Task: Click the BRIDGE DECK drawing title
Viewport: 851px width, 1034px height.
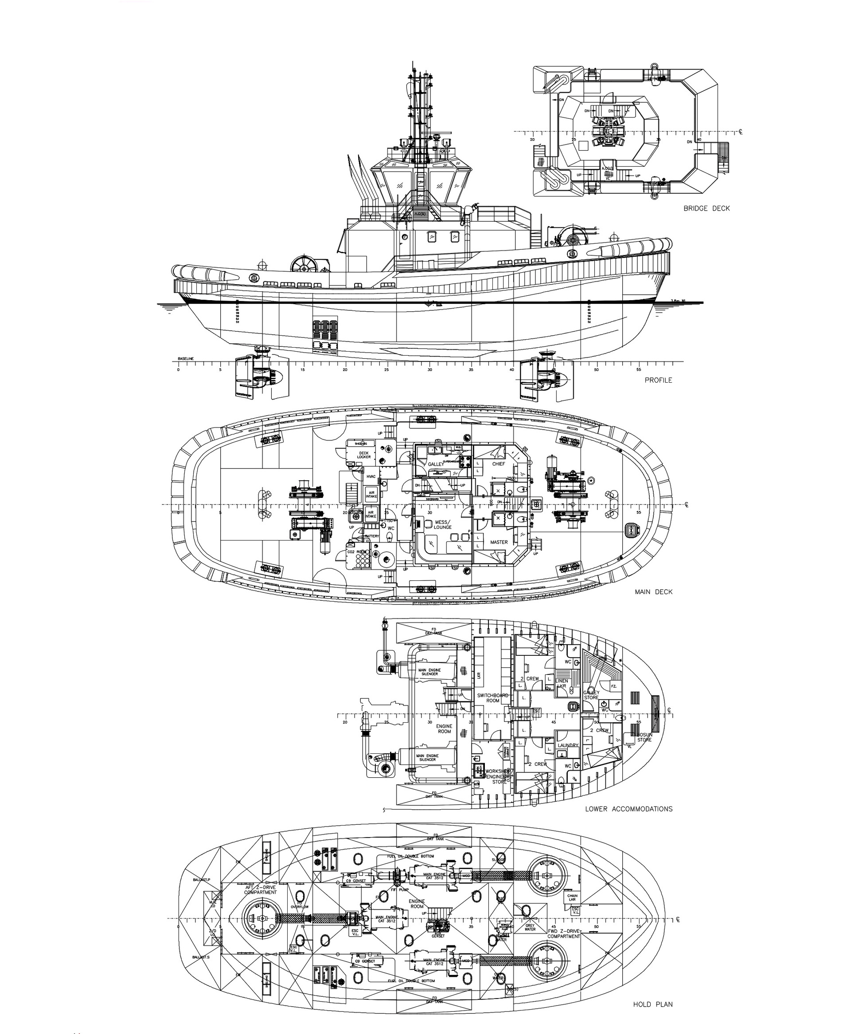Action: [x=707, y=208]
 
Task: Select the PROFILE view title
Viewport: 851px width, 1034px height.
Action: [x=658, y=380]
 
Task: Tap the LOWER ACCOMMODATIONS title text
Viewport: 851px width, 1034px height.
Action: [x=628, y=808]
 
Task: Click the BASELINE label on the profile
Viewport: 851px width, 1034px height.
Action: [x=186, y=359]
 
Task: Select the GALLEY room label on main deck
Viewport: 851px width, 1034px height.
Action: [x=435, y=464]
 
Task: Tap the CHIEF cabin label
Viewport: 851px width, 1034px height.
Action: [x=499, y=463]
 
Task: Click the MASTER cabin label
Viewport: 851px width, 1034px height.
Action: [x=499, y=542]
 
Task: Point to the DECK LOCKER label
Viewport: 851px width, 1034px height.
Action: [x=364, y=454]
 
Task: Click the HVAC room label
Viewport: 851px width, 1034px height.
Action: [x=371, y=477]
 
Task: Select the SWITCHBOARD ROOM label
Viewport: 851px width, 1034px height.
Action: [x=493, y=697]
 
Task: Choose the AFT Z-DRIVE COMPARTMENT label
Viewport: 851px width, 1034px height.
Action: [x=260, y=890]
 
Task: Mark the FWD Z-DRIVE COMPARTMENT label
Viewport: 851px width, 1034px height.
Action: [x=564, y=933]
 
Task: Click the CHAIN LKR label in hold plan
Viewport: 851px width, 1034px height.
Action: [x=572, y=898]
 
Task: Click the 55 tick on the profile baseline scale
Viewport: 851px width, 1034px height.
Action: [x=638, y=370]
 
